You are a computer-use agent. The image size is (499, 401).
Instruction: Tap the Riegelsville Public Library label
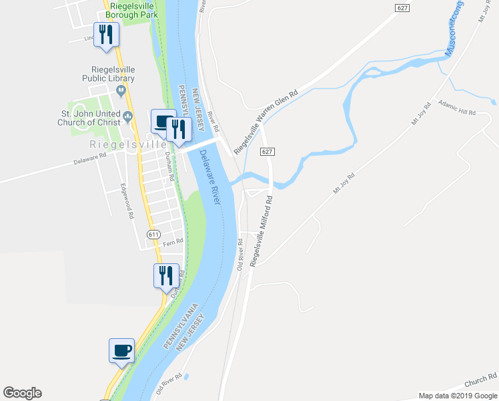pos(113,74)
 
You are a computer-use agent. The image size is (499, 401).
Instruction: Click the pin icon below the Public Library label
pos(121,90)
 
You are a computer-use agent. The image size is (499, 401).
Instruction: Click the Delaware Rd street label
pos(90,158)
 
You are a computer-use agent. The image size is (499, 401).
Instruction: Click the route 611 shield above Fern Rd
pos(154,234)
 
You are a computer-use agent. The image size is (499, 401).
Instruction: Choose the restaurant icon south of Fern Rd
pos(166,275)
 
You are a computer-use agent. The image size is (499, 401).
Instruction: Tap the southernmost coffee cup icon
pos(122,350)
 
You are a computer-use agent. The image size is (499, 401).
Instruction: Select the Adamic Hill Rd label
pos(456,107)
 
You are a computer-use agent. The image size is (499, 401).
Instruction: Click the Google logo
pos(22,393)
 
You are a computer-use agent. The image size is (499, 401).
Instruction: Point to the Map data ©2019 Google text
pos(458,395)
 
